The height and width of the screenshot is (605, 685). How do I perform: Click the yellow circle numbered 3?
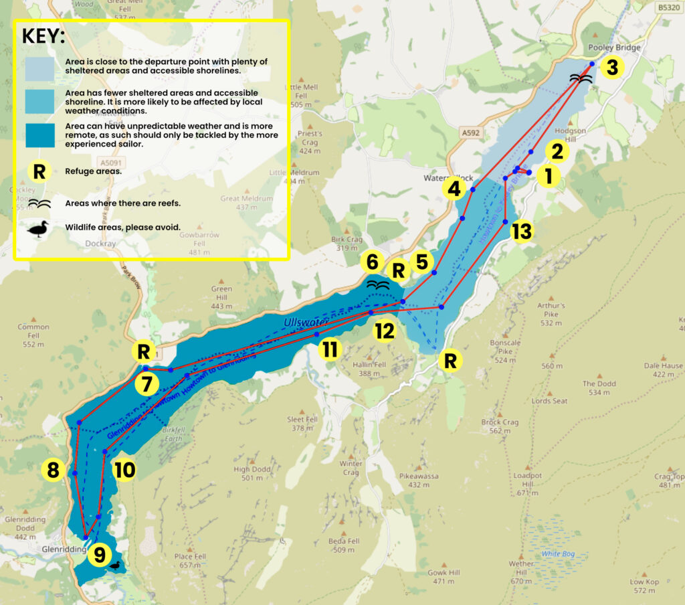612,67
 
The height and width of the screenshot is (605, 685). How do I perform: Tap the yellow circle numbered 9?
100,554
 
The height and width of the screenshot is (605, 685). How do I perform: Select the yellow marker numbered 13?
522,232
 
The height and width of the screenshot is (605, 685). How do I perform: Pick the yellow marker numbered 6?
373,262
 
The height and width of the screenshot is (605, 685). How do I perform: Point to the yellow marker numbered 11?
330,349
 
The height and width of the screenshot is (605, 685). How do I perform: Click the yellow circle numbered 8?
53,470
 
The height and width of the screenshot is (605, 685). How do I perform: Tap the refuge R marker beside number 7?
144,351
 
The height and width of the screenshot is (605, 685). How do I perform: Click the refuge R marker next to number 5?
399,270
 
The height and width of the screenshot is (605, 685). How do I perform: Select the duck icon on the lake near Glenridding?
116,566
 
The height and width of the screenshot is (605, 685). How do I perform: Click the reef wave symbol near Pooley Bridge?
581,78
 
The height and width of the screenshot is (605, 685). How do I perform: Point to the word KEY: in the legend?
43,36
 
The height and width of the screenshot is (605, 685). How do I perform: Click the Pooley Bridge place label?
613,48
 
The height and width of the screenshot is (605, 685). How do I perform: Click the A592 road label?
471,133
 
